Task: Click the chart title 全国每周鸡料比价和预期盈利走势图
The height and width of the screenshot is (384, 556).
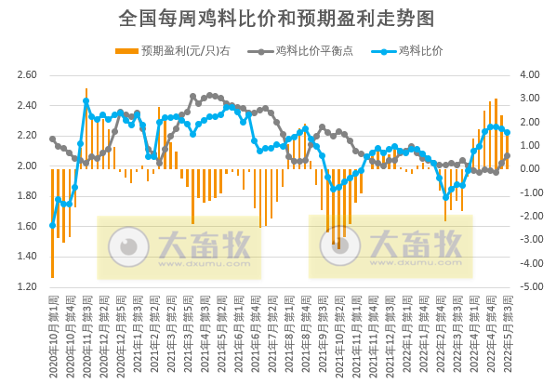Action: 277,18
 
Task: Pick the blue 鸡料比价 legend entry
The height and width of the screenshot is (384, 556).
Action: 420,51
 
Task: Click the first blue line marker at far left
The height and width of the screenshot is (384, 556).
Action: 52,225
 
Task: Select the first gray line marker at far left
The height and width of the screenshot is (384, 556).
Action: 52,139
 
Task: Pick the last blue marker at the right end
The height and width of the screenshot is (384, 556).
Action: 507,132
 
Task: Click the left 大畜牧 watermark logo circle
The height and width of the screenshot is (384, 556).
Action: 123,245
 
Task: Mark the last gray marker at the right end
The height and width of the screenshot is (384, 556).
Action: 507,156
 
